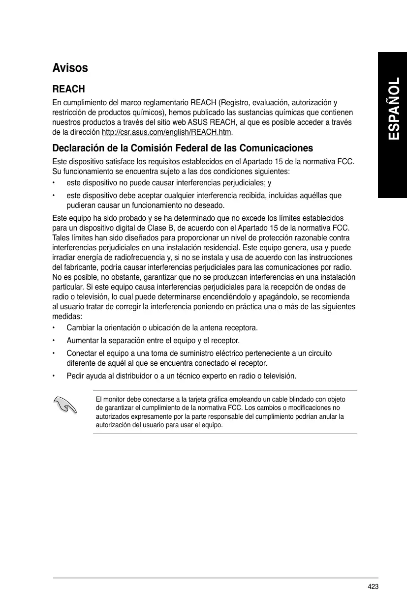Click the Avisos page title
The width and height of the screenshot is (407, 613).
click(x=70, y=67)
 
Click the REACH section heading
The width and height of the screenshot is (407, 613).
click(x=68, y=89)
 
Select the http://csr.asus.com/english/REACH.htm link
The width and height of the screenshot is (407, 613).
click(x=166, y=132)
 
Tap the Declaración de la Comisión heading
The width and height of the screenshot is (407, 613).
click(x=183, y=148)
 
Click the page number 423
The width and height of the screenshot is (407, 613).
click(x=373, y=586)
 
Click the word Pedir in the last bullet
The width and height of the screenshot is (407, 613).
click(x=75, y=376)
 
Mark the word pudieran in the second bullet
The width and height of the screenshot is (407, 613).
click(x=81, y=205)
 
